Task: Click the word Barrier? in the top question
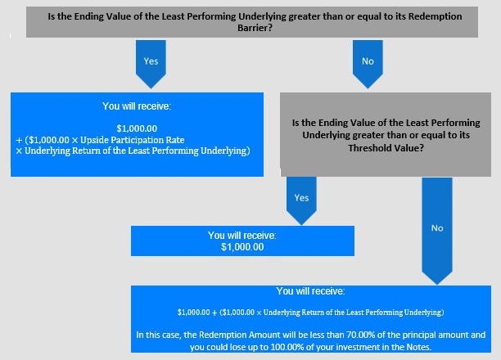(255, 28)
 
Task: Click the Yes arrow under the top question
(151, 64)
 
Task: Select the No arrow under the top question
(368, 64)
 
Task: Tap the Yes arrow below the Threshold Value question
(301, 200)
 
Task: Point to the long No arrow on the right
(437, 231)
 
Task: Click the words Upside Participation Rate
(133, 140)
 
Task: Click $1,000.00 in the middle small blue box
(242, 247)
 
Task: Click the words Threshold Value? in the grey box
(386, 148)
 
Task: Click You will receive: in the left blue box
(137, 106)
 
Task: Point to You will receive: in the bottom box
(310, 291)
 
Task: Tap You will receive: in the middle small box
(242, 236)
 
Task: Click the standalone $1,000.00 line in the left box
(137, 128)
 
